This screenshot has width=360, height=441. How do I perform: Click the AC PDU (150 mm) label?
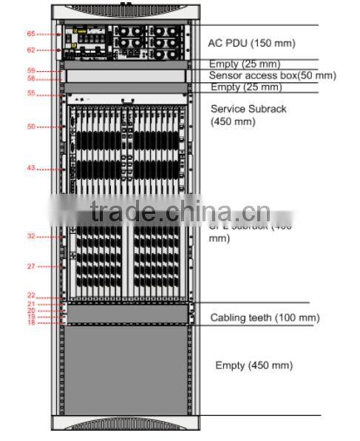251,43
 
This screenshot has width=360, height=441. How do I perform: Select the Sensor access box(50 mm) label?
272,75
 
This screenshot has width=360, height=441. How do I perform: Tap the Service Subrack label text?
248,109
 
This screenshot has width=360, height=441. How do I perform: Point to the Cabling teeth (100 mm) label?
265,318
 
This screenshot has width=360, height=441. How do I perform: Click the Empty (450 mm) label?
254,366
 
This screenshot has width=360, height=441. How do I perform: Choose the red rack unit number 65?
31,34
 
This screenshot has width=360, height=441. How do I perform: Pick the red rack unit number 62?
31,50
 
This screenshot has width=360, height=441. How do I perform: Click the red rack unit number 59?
31,70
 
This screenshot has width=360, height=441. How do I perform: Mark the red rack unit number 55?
31,93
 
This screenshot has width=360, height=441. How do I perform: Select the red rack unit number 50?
31,127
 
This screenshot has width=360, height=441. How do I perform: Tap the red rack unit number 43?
31,168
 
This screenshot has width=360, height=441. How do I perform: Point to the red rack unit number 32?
31,237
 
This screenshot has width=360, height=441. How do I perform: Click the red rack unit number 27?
31,266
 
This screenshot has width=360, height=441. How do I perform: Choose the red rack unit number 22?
31,295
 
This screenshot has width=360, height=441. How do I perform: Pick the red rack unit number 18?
31,323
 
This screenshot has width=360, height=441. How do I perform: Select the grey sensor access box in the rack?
126,75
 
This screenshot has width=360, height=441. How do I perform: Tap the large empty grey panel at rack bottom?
126,370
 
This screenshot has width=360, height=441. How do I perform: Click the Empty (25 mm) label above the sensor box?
244,64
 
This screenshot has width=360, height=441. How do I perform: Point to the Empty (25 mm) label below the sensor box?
245,87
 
